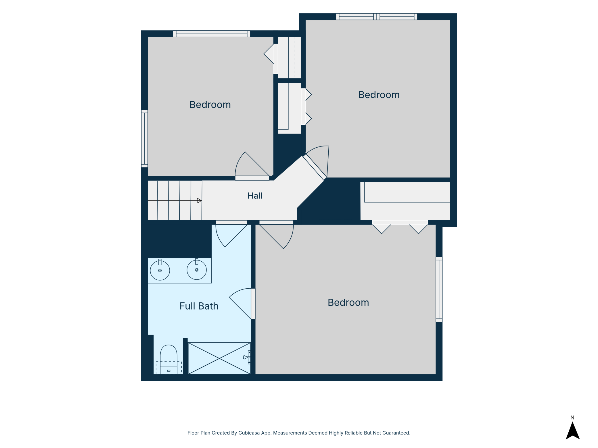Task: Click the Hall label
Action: pyautogui.click(x=255, y=196)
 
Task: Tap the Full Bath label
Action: pyautogui.click(x=199, y=306)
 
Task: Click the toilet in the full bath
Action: pyautogui.click(x=168, y=360)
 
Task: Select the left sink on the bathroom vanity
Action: pyautogui.click(x=160, y=270)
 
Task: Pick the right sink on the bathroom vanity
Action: pyautogui.click(x=197, y=269)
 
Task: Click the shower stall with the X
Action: pyautogui.click(x=219, y=358)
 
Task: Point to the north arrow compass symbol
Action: pyautogui.click(x=573, y=430)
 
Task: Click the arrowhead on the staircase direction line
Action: pyautogui.click(x=199, y=200)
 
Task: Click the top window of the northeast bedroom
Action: pyautogui.click(x=377, y=17)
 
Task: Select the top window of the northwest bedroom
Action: pyautogui.click(x=212, y=34)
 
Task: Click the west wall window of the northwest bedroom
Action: pyautogui.click(x=145, y=138)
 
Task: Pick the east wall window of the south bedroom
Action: pyautogui.click(x=439, y=289)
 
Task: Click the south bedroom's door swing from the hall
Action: pyautogui.click(x=276, y=234)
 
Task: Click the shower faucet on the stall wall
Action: pyautogui.click(x=247, y=357)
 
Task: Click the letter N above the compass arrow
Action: pyautogui.click(x=572, y=418)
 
